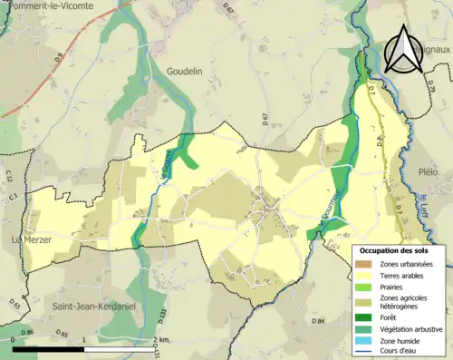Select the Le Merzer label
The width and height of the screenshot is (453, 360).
(31, 239)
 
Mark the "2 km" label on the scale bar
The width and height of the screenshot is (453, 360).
(162, 339)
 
